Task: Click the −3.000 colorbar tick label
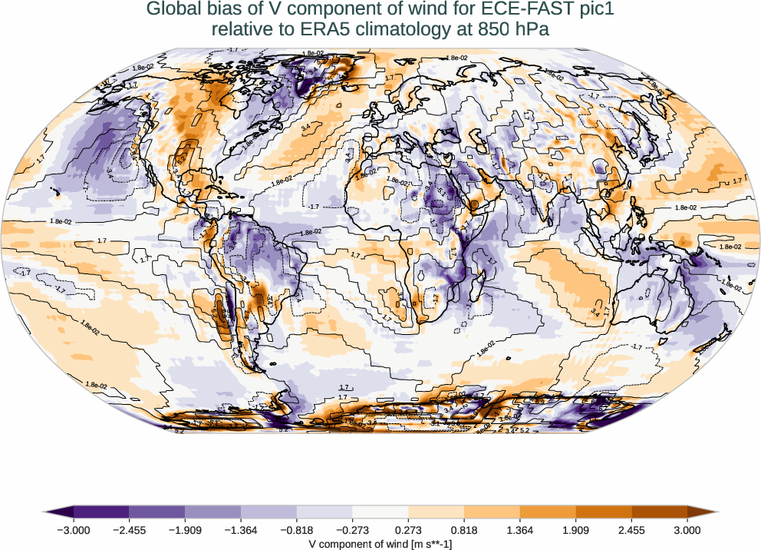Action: [x=74, y=529]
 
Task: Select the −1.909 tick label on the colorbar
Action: [x=185, y=529]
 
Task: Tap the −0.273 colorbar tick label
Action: [x=352, y=529]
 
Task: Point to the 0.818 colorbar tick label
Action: [x=464, y=529]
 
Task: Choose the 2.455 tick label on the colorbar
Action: [x=631, y=529]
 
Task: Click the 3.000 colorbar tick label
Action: [x=687, y=529]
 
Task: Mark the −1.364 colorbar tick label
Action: [x=241, y=529]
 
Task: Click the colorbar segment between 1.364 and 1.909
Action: [x=548, y=511]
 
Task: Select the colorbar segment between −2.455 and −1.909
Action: [x=157, y=511]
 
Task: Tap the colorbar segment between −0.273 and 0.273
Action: [x=380, y=511]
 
